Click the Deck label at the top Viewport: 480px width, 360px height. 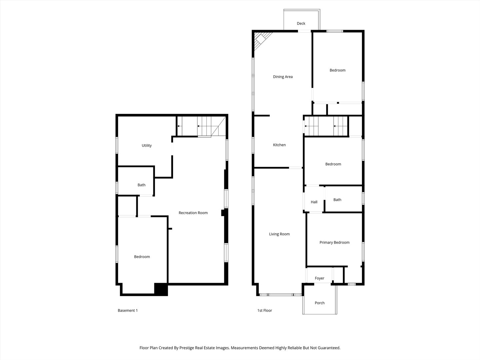click(301, 23)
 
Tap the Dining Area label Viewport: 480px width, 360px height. click(283, 77)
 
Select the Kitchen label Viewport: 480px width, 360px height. click(279, 145)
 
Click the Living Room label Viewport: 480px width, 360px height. click(279, 234)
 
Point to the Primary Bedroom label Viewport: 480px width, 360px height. click(334, 242)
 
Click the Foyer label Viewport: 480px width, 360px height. click(319, 278)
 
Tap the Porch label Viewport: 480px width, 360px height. click(319, 303)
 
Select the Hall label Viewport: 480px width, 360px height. click(314, 202)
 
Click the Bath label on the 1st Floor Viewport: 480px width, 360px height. click(337, 200)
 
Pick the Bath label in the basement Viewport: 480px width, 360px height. click(141, 185)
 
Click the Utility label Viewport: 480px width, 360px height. click(147, 145)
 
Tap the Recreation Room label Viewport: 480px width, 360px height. click(193, 213)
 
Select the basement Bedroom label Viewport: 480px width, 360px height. click(142, 257)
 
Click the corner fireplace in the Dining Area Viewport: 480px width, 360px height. click(260, 40)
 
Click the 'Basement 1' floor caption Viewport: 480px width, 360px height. click(128, 310)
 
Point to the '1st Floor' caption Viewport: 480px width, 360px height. click(265, 310)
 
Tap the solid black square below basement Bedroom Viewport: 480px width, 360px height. click(161, 289)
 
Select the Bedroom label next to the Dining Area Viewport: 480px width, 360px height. click(337, 70)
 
